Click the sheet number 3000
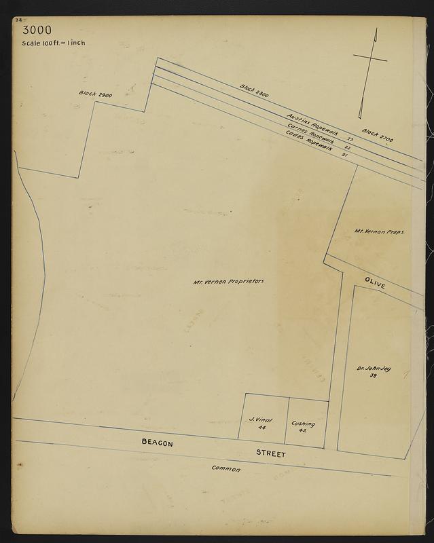tap(36, 31)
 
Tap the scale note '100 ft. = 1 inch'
tap(54, 43)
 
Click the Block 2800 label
tap(255, 91)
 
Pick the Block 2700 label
tap(377, 134)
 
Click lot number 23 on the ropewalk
tap(350, 138)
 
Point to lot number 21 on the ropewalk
tap(344, 155)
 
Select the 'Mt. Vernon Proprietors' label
tap(228, 281)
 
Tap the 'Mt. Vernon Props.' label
tap(380, 231)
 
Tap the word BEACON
tap(158, 443)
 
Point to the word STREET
tap(271, 453)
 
